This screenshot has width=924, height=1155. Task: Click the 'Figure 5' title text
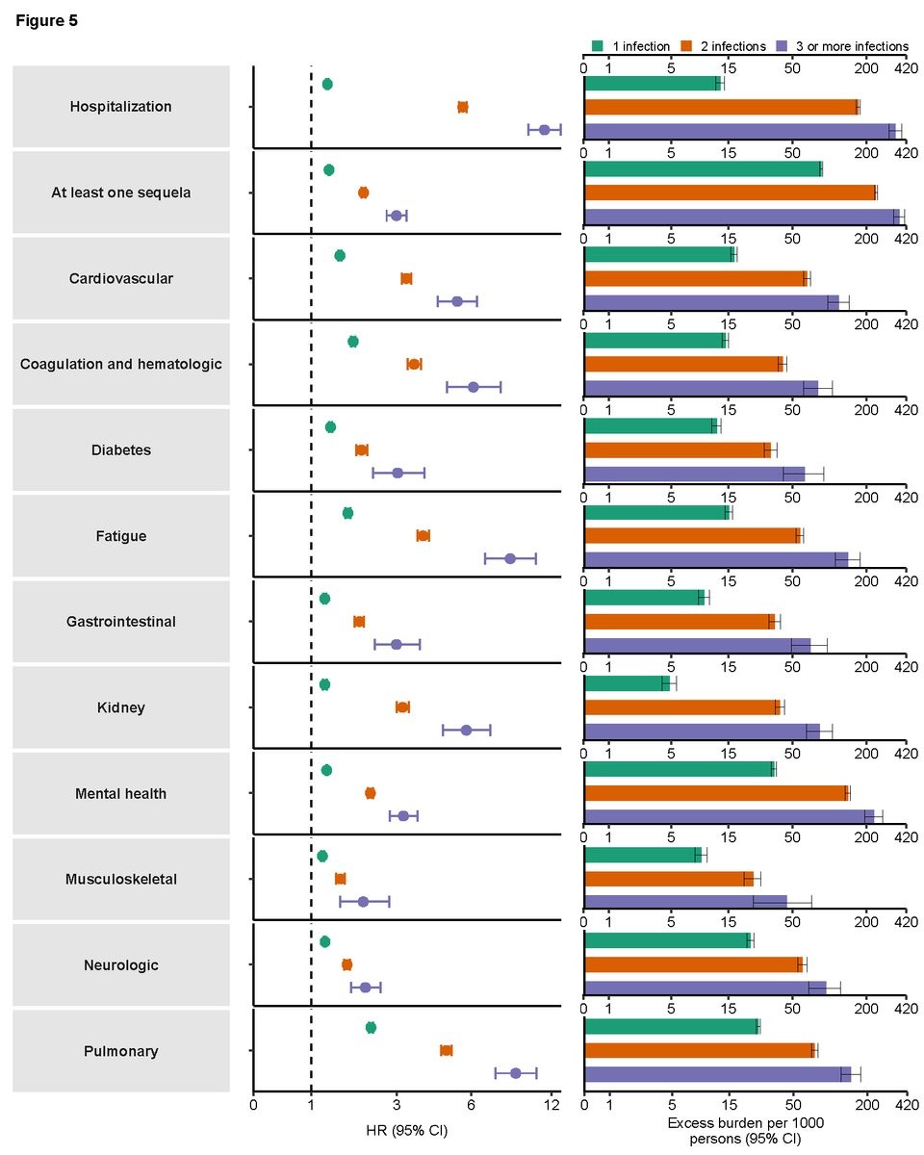click(46, 20)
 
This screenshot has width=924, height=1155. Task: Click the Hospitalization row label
click(120, 107)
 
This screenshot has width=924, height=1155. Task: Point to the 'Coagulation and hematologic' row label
click(120, 364)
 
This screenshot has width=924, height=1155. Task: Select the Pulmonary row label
click(120, 1051)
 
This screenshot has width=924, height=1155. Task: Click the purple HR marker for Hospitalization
click(544, 130)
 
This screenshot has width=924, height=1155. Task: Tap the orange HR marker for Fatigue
click(423, 535)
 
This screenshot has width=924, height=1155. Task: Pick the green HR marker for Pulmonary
click(371, 1028)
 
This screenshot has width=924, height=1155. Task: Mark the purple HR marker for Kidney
click(466, 730)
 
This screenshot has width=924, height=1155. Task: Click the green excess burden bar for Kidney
click(627, 683)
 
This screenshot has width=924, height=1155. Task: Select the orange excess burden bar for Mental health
click(716, 793)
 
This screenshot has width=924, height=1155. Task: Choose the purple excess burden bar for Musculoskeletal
click(685, 902)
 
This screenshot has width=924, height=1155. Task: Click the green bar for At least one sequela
click(703, 169)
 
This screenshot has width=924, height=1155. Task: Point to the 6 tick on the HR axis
click(471, 1107)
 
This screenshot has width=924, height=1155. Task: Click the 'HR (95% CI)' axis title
click(406, 1128)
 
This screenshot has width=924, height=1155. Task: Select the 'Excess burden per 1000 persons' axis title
click(744, 1132)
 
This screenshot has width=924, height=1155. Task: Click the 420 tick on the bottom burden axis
click(905, 1107)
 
